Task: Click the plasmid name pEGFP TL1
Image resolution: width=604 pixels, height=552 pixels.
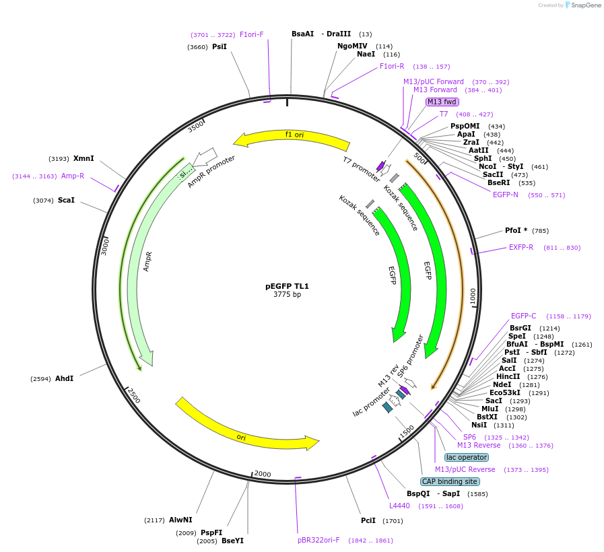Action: tap(287, 286)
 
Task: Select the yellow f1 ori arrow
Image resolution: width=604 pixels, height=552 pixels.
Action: tap(291, 136)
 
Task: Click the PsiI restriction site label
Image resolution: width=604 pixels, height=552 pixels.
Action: tap(220, 46)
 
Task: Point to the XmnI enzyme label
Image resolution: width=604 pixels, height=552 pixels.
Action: tap(83, 159)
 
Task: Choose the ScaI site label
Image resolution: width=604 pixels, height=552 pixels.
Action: tap(66, 201)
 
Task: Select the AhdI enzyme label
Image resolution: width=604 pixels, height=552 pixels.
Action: tap(64, 378)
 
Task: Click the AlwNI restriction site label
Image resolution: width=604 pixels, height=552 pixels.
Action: tap(180, 520)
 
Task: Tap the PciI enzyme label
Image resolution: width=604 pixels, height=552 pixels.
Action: tap(368, 520)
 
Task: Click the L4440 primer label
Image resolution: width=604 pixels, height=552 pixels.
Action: tap(399, 506)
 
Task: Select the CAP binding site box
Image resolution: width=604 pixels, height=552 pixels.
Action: tap(450, 481)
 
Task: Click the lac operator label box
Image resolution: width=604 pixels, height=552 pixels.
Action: tap(467, 457)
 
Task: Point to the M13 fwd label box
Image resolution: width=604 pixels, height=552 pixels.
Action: tap(442, 102)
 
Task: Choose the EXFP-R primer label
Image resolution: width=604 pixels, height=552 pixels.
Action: tap(521, 247)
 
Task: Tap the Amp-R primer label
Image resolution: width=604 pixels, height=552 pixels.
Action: tap(73, 176)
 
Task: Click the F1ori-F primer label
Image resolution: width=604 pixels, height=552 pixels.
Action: tap(252, 34)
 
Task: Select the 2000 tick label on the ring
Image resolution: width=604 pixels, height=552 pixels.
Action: tap(263, 474)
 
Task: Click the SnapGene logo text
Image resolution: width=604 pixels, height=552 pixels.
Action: tap(583, 5)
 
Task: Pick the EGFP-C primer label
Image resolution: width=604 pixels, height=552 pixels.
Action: tap(523, 316)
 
